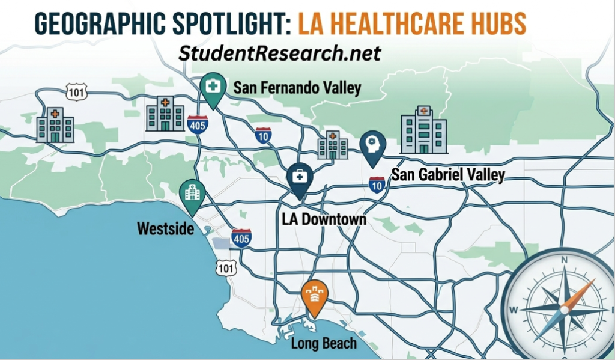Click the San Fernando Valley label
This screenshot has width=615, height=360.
pos(297,88)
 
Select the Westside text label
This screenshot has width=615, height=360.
pos(165,228)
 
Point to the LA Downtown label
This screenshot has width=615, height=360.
pos(324,219)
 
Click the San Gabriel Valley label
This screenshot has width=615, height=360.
pos(448,175)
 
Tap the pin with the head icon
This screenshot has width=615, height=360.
pos(372,147)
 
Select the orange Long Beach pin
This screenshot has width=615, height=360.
pos(315,296)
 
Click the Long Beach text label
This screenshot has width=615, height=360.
pos(324,344)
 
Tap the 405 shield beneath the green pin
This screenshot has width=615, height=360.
pos(198,124)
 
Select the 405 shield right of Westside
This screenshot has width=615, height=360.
pos(241,237)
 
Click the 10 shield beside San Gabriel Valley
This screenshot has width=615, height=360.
pos(377,185)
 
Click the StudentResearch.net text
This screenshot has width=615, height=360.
pos(280,53)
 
